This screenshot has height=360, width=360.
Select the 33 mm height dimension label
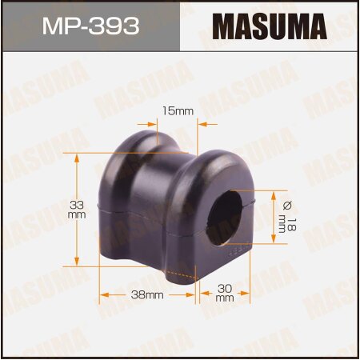click(77, 210)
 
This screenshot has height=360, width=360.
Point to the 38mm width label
click(146, 294)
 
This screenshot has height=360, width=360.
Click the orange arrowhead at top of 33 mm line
click(77, 158)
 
